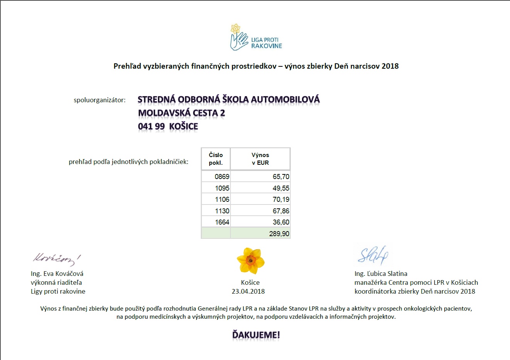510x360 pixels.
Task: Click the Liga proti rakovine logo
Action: [x=256, y=38]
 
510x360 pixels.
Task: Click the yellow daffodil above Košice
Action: [x=251, y=261]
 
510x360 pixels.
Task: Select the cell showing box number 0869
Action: [x=222, y=177]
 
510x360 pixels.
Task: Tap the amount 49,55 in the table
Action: [x=281, y=188]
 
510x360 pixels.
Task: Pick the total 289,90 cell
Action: [x=279, y=234]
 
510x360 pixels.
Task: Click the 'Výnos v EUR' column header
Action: [x=260, y=159]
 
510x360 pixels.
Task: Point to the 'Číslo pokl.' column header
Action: [x=216, y=159]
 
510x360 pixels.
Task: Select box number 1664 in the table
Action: [x=222, y=222]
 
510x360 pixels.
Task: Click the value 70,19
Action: [x=281, y=199]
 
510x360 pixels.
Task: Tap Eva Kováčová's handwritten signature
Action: [x=56, y=259]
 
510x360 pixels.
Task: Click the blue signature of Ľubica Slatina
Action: [x=373, y=255]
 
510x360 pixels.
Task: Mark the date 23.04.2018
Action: [x=248, y=291]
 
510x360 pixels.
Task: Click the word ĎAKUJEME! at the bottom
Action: [x=256, y=335]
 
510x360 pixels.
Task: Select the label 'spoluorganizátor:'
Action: [x=100, y=100]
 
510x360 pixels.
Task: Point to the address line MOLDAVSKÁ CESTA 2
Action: [x=181, y=113]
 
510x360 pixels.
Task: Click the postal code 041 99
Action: [x=151, y=127]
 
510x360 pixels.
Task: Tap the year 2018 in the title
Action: [x=390, y=66]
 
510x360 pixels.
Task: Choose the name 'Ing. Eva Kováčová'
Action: [x=57, y=274]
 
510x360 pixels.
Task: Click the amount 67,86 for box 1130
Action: [x=281, y=211]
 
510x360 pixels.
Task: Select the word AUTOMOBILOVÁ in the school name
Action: [x=285, y=100]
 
